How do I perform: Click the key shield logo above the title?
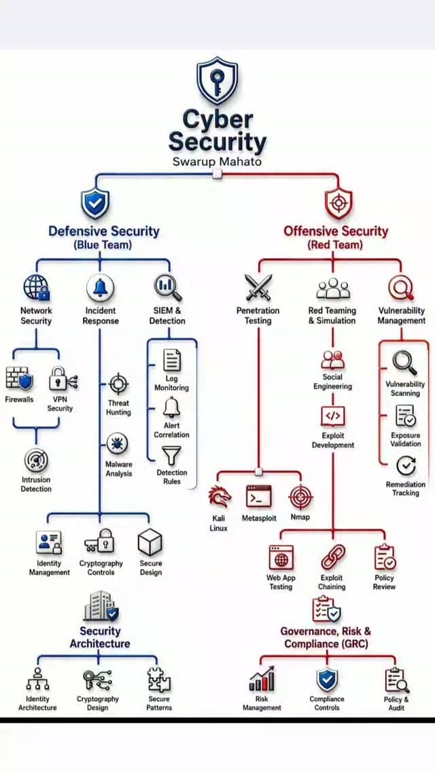pyautogui.click(x=217, y=81)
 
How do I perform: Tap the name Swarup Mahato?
pyautogui.click(x=217, y=162)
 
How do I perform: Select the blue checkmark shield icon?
pyautogui.click(x=95, y=203)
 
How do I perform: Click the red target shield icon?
pyautogui.click(x=339, y=203)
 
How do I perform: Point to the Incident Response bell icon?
pyautogui.click(x=100, y=288)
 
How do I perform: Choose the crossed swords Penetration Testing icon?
pyautogui.click(x=258, y=288)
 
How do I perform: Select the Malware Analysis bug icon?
pyautogui.click(x=118, y=444)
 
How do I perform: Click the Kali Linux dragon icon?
pyautogui.click(x=220, y=497)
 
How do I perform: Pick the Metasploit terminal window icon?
pyautogui.click(x=259, y=497)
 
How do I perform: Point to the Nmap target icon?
pyautogui.click(x=300, y=497)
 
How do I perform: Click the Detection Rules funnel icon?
pyautogui.click(x=172, y=456)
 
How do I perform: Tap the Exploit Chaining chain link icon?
pyautogui.click(x=333, y=557)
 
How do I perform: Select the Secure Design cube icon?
pyautogui.click(x=150, y=542)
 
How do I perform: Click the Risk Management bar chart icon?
pyautogui.click(x=262, y=679)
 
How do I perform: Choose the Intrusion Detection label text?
pyautogui.click(x=36, y=484)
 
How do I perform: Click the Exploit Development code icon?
pyautogui.click(x=332, y=416)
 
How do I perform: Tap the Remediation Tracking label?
pyautogui.click(x=406, y=489)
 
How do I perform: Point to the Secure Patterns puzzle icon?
pyautogui.click(x=159, y=680)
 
